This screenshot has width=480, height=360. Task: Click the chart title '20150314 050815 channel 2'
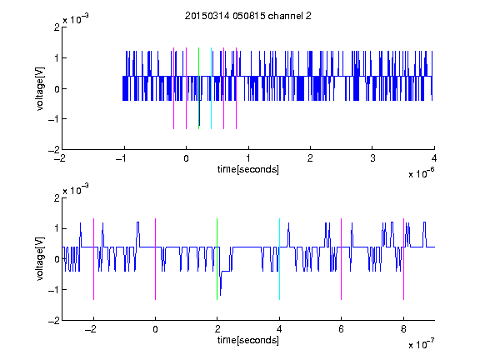click(248, 16)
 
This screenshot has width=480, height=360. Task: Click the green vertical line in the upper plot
click(198, 88)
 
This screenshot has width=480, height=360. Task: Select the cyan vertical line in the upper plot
click(211, 88)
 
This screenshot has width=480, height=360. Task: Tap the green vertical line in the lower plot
click(217, 259)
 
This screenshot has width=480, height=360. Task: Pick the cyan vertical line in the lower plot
click(279, 259)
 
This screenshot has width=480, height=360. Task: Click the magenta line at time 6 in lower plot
click(342, 259)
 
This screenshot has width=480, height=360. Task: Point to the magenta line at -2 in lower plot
click(93, 259)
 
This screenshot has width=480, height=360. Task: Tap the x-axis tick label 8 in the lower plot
click(403, 329)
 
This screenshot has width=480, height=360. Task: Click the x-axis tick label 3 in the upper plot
click(372, 158)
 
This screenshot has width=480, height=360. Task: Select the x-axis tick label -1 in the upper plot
click(122, 158)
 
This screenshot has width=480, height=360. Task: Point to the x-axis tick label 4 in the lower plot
click(279, 329)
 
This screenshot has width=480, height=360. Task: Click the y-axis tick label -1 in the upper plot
click(53, 119)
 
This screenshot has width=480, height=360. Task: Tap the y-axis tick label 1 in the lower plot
click(57, 228)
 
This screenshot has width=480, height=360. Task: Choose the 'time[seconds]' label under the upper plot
click(248, 169)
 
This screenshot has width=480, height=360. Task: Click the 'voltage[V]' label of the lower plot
click(40, 259)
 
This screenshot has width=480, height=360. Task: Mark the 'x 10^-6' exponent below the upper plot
click(421, 173)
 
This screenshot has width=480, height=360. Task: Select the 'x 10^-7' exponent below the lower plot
click(421, 344)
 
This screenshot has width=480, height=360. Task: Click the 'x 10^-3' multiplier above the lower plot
click(76, 189)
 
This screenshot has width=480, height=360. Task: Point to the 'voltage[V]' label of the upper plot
click(40, 88)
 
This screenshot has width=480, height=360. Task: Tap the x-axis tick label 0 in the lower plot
click(155, 329)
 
